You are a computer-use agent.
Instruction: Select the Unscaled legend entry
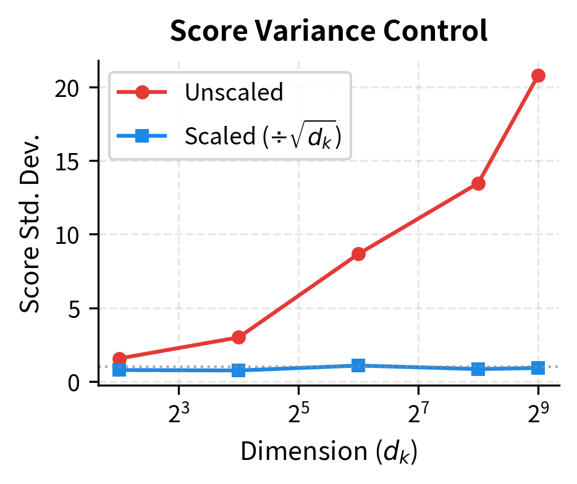pos(234,93)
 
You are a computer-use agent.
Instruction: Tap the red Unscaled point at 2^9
pos(538,75)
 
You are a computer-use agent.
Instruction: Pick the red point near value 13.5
pos(478,183)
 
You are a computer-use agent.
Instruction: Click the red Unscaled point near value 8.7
pos(358,254)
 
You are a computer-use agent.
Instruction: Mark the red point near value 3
pos(238,337)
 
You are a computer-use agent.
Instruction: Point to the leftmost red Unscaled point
pos(119,358)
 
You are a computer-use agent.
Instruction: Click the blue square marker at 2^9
pos(538,367)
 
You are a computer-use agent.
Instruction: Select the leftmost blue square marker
pos(119,370)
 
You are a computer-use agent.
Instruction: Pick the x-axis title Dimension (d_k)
pos(329,453)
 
